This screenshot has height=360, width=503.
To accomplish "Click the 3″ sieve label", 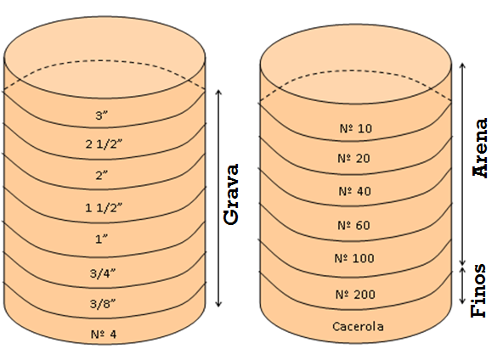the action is [101, 115].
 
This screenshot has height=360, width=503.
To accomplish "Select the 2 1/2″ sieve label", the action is [104, 144].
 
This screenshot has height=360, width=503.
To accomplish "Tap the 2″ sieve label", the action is [101, 176].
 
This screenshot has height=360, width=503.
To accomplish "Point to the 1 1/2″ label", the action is [104, 208].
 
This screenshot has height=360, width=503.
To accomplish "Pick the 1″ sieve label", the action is [101, 239].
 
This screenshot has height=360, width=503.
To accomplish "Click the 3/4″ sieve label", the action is [103, 273].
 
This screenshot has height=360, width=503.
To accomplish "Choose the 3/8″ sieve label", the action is [103, 304].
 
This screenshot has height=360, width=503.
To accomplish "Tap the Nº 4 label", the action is [104, 335].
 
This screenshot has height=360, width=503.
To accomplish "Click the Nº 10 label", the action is [356, 128].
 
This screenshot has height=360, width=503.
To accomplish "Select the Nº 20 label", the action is [353, 159].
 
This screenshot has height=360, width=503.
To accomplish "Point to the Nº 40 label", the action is [355, 191].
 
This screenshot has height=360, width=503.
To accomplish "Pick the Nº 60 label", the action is [353, 225].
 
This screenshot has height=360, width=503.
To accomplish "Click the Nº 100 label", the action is [354, 258].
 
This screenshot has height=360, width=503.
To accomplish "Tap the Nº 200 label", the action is [355, 295].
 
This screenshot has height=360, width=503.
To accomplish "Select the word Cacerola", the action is [358, 327].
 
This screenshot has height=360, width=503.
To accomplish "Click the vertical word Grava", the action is [232, 194].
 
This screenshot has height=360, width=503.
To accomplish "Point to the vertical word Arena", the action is [480, 148].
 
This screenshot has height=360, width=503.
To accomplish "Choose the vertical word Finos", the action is [478, 290].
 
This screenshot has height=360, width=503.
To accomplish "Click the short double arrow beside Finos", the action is [462, 285].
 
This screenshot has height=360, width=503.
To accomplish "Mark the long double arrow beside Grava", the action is [218, 199].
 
